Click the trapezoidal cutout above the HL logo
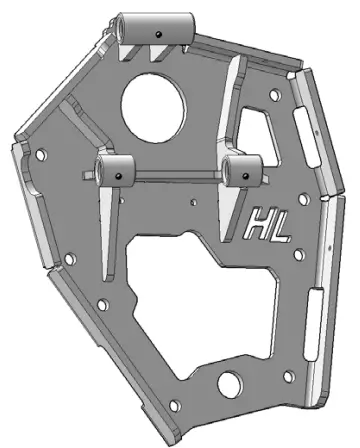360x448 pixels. tap(257, 130)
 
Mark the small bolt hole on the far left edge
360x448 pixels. tap(40, 156)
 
